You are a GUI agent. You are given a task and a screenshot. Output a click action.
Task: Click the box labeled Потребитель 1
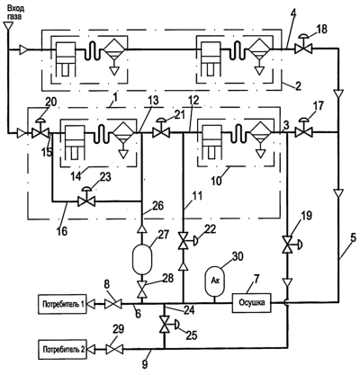pos(62,304)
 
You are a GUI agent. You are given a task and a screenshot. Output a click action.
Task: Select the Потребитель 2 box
pos(62,349)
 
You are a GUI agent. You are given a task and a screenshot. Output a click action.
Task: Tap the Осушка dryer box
pos(252,303)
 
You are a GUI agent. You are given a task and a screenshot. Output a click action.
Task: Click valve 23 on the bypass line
pos(86,199)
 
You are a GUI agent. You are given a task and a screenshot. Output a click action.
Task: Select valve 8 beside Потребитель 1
pos(112,304)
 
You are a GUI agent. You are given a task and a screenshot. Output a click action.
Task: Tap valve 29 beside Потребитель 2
pos(114,349)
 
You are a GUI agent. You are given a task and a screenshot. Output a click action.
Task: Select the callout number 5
pos(353,239)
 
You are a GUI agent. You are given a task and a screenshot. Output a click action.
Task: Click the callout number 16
pos(62,231)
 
